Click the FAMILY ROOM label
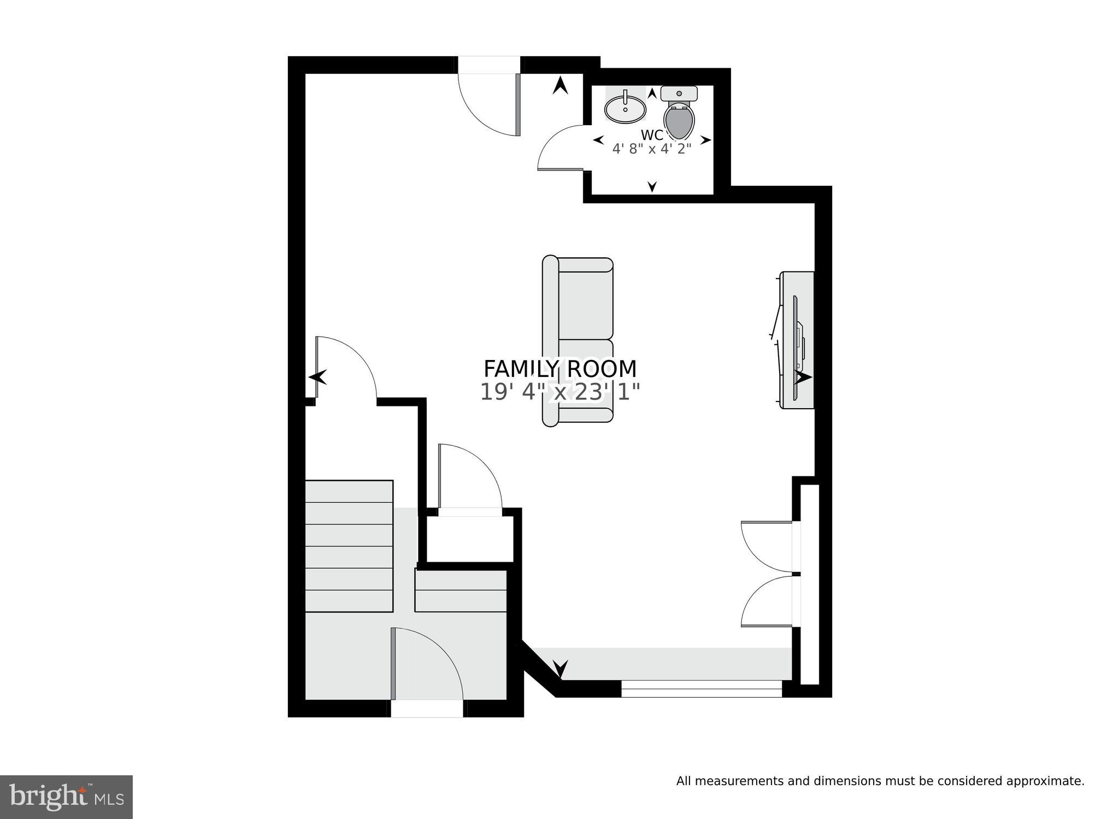point(560,369)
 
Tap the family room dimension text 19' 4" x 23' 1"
point(560,392)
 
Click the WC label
point(652,135)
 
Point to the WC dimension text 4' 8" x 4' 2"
point(652,149)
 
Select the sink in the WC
point(625,109)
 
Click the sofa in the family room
point(578,341)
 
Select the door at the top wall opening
point(489,104)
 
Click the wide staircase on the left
point(349,546)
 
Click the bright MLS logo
point(66,797)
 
